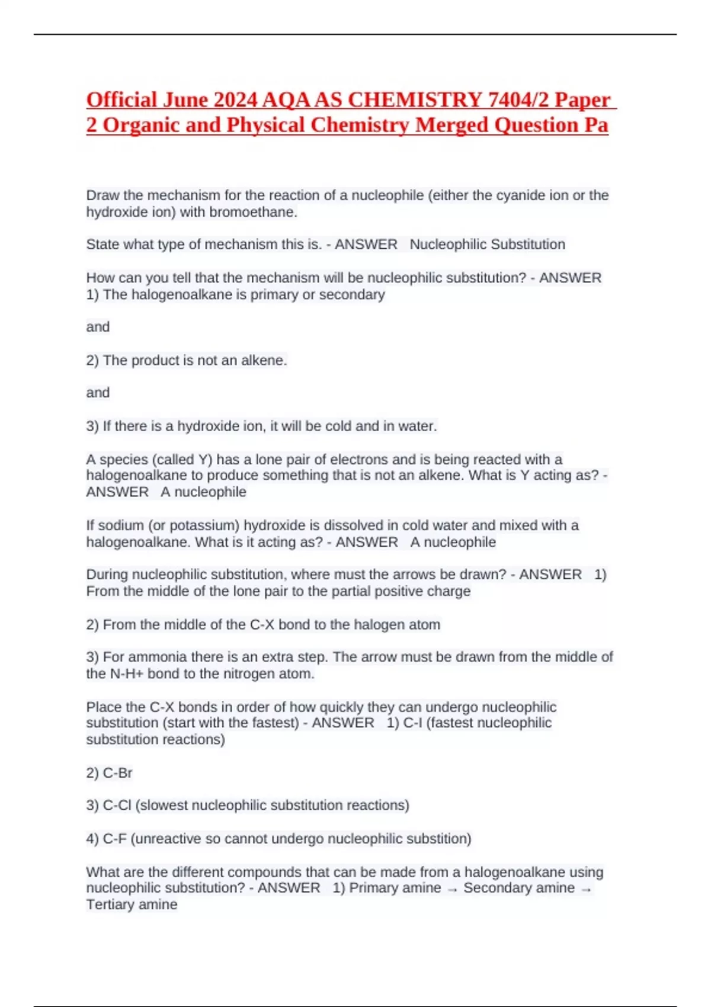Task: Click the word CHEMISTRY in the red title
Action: coord(414,100)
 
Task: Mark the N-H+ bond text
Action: coord(127,674)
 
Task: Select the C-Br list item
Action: coord(117,773)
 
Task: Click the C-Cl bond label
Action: coord(117,806)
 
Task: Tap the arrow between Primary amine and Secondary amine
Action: coord(453,889)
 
